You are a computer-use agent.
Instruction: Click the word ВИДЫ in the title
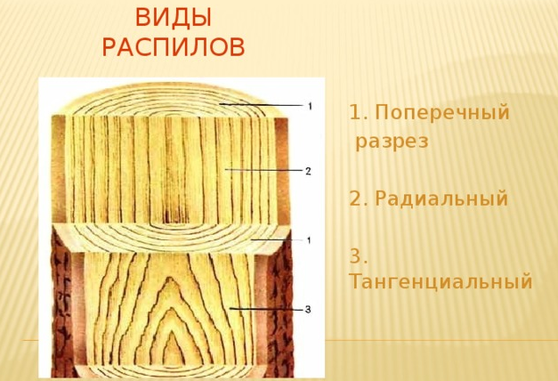pos(174,18)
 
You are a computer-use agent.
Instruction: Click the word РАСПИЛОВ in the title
pos(174,46)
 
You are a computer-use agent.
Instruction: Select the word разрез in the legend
pos(392,141)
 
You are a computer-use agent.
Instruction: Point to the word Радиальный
pos(441,199)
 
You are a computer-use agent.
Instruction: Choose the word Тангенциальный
pos(441,281)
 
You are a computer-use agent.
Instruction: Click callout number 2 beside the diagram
pos(308,171)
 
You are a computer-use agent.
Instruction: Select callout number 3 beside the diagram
pos(308,310)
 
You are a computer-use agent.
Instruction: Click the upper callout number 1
pos(310,106)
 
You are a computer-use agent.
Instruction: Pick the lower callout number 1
pos(309,240)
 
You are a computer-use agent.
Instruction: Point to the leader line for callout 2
pos(263,170)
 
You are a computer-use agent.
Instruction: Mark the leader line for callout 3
pos(266,309)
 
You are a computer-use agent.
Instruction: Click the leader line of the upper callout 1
pos(262,105)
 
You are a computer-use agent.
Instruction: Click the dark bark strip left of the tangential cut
pos(64,303)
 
